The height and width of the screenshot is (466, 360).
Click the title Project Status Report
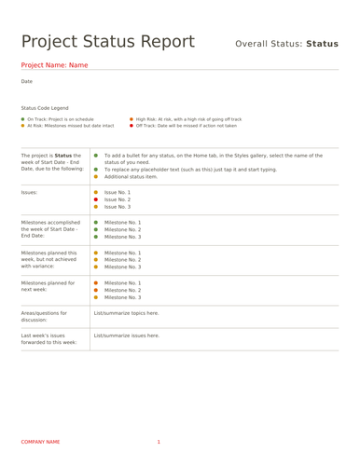(107, 42)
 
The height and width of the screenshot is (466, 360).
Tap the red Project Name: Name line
(54, 65)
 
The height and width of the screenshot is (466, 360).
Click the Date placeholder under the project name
(26, 82)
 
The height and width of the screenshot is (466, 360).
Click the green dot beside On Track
(23, 119)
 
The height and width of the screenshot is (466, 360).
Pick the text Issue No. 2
(118, 199)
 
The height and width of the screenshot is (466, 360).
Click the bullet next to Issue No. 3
(96, 206)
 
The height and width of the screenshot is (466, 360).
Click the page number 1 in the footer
(159, 441)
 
